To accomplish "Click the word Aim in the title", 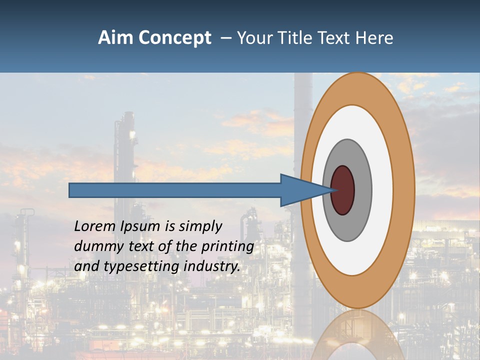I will (115, 38).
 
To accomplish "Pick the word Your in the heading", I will (255, 38).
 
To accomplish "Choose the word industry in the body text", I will (211, 266).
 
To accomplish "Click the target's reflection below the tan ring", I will (357, 335).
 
